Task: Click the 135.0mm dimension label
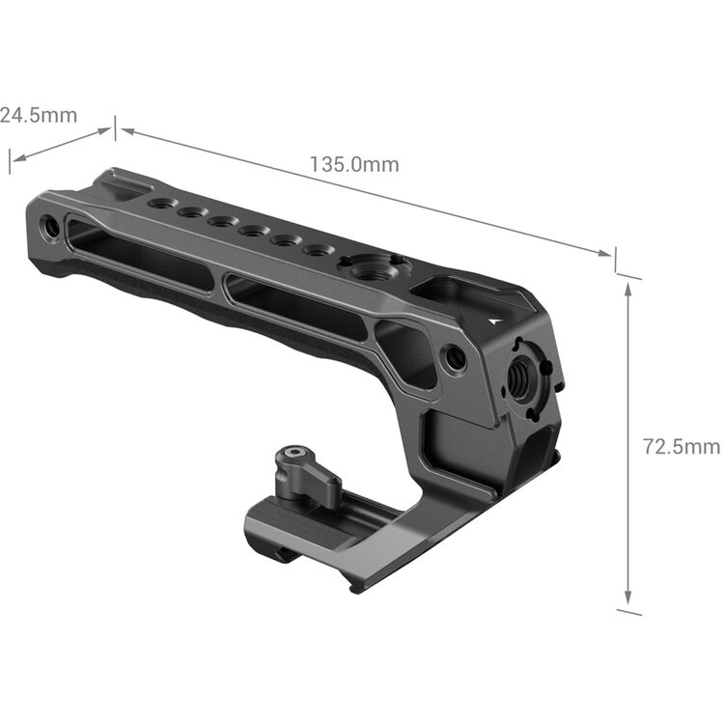353,164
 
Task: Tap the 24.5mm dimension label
38,116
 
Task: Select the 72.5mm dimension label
682,446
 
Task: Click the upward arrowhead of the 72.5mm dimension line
628,290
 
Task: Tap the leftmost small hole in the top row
161,204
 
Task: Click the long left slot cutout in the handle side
140,252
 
